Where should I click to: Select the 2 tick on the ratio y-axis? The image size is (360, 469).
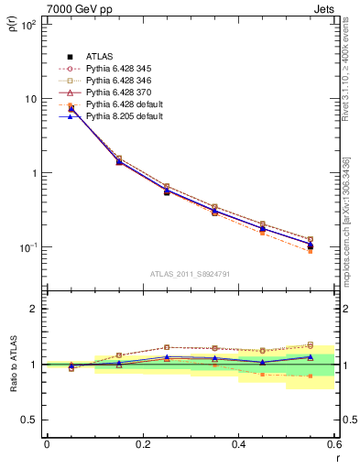[x=35, y=309]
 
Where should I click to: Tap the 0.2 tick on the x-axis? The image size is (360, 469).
[x=142, y=444]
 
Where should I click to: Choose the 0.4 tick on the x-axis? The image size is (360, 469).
[x=238, y=444]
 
